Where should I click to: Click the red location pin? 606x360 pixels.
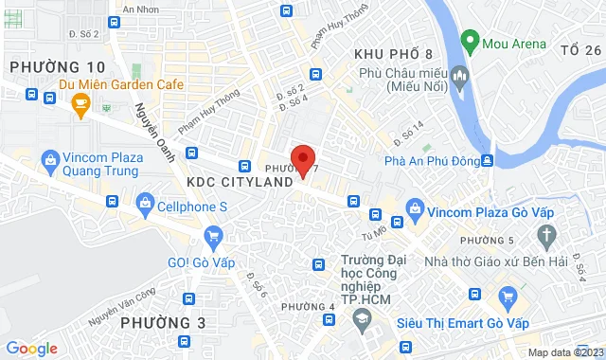coord(302,160)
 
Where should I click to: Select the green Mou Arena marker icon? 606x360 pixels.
coord(469,42)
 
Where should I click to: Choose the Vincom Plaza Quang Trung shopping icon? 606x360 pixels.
coord(50,164)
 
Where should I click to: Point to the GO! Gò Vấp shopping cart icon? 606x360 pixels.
coord(213,236)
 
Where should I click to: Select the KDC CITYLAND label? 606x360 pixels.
coord(232,181)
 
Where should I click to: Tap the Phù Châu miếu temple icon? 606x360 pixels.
coord(461,75)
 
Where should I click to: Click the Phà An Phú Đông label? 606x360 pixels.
coord(431,160)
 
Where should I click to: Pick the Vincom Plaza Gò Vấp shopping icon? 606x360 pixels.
coord(414,207)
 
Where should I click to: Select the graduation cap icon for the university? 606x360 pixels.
coord(361,323)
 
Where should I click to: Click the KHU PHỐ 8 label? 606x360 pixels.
coord(392,54)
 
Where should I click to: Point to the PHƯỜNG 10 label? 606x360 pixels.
coord(57,66)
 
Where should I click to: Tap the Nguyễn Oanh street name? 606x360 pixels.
coord(153,131)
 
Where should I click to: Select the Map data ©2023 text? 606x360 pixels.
coord(564,352)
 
